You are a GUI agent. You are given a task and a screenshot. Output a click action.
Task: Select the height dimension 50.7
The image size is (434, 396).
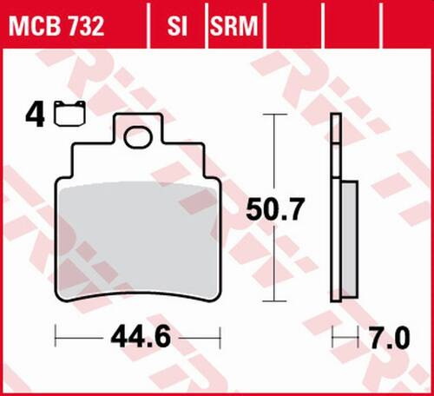[x=275, y=208]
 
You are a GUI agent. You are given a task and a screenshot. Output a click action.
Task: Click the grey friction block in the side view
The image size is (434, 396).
[x=349, y=239]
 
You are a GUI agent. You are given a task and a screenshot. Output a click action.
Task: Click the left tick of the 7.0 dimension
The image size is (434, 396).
[x=334, y=335]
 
